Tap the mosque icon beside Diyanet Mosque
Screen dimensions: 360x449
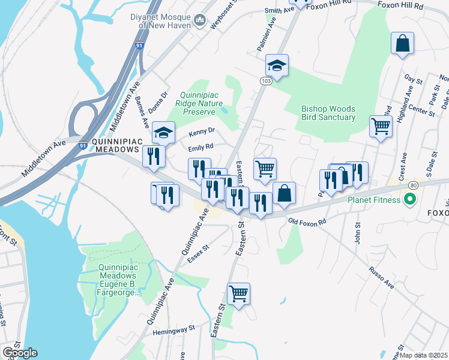200,23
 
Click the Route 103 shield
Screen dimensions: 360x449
266,81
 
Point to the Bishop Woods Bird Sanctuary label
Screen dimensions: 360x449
328,113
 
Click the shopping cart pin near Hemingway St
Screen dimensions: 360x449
238,293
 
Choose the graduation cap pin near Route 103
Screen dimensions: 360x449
277,65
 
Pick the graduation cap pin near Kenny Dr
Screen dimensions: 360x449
163,132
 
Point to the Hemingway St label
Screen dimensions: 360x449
174,329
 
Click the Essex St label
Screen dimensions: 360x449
197,253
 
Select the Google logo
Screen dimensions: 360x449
20,352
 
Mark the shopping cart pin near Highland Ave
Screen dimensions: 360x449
380,127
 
